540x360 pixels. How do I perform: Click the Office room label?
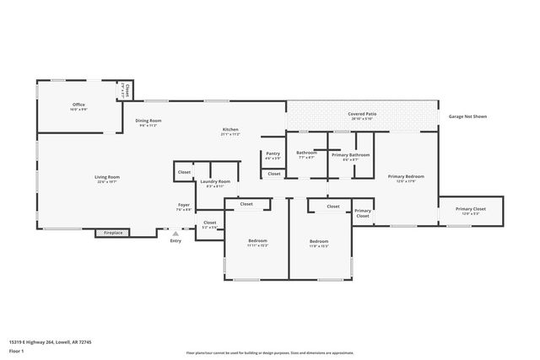coord(78,105)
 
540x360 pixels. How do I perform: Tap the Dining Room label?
coord(148,121)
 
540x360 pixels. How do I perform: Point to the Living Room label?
coord(107,178)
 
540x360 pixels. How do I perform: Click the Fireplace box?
coord(114,232)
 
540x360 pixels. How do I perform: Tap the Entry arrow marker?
coord(175,234)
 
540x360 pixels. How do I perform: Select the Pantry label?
coord(273,156)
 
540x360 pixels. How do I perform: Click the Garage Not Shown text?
coord(467,116)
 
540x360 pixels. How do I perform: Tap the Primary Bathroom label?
coord(350,155)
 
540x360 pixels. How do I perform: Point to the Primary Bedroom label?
coord(406,178)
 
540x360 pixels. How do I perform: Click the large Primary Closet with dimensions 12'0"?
coord(471,211)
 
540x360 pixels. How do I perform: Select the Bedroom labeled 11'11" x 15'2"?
coord(257,243)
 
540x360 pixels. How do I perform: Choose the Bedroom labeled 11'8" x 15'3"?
coord(320,243)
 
